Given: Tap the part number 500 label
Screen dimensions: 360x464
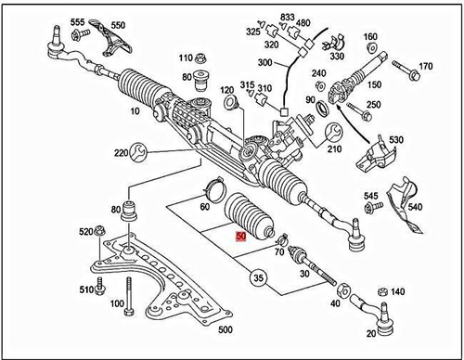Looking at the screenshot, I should [226, 328].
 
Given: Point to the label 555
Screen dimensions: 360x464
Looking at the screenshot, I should [77, 21].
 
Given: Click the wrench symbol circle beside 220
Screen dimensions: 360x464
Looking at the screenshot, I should [136, 150].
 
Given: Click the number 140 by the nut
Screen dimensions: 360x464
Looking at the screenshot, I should [397, 291].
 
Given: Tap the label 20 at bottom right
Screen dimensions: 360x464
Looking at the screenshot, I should [371, 333].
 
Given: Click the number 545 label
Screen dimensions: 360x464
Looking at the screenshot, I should [371, 195].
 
